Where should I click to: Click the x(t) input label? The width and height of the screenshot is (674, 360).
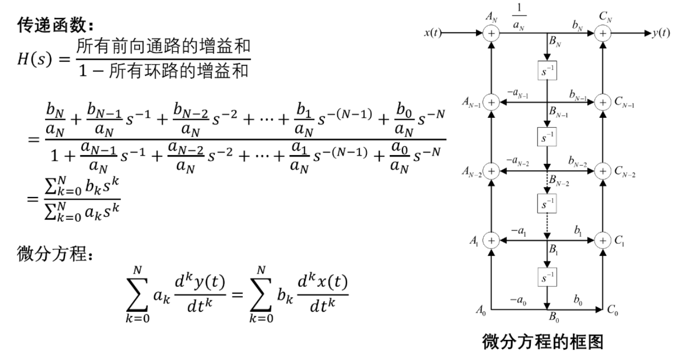[433, 33]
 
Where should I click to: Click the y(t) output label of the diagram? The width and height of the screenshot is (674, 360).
[661, 33]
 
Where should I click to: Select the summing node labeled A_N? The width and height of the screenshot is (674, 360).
[491, 33]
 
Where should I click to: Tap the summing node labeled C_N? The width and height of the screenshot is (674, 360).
[603, 33]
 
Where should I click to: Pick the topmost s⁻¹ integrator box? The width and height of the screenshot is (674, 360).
[547, 71]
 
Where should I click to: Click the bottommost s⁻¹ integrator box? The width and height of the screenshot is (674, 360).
[547, 277]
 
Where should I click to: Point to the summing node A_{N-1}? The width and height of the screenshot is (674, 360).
[491, 102]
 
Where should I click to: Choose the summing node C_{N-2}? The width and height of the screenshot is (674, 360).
[603, 171]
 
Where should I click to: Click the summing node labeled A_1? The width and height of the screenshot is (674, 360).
[491, 241]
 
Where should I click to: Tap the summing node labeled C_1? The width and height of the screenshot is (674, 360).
[603, 241]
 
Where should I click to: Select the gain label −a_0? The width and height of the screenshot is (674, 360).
[518, 300]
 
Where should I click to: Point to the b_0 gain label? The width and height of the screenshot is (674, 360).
[577, 299]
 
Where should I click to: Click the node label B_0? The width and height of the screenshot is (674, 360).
[554, 317]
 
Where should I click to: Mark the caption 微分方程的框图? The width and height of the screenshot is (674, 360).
[543, 342]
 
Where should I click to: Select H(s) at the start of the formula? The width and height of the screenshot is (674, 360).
[35, 59]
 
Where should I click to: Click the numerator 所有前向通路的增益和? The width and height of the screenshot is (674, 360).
[163, 46]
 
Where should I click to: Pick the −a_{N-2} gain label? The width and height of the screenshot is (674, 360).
[517, 161]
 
